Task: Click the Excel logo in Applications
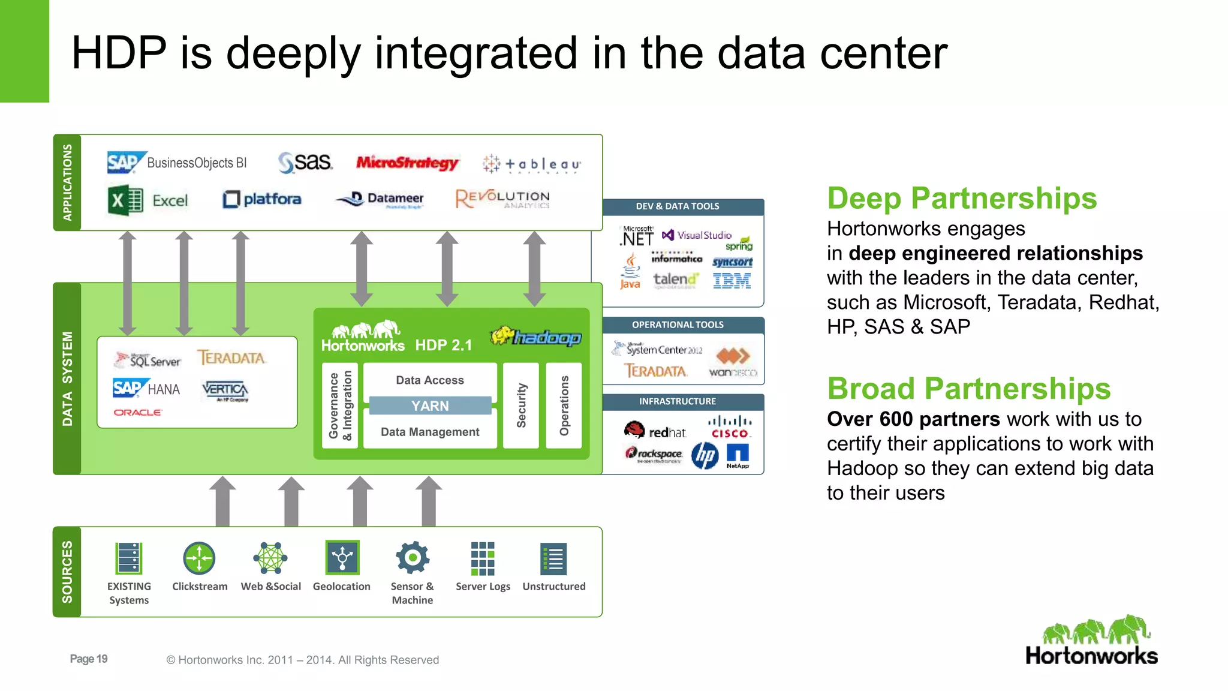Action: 148,200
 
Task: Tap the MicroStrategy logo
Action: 407,163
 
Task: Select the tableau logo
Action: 531,164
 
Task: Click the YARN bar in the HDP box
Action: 430,406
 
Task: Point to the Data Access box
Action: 430,380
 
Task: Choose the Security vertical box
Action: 521,405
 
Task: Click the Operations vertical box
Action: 564,405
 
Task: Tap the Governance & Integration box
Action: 340,405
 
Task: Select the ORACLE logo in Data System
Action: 138,413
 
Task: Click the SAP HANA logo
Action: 146,389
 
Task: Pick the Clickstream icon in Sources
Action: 199,558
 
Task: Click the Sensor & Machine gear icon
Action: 412,558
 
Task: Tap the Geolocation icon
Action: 342,558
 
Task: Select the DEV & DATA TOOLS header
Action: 678,206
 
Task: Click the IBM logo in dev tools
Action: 732,281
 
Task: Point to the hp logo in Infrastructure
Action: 705,456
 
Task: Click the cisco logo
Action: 730,427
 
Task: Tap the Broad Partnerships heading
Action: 968,389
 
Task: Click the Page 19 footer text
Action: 89,659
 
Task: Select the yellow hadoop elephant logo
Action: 535,337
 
